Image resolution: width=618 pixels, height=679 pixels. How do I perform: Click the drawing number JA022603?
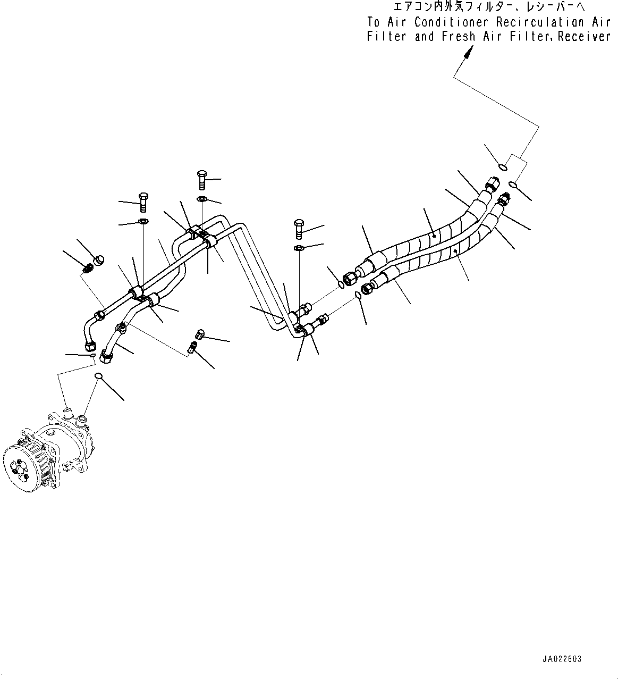tap(562, 659)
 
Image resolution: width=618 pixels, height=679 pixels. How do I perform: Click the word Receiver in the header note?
tap(585, 37)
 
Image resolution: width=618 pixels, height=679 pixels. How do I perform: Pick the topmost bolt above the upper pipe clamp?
tap(202, 180)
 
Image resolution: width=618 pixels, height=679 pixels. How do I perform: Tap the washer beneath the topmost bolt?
tap(202, 199)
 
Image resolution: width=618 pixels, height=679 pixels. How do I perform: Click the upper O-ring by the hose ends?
tap(502, 168)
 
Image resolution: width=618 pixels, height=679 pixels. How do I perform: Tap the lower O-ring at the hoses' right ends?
tap(513, 185)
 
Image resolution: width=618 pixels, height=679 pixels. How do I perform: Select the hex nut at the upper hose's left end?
tap(350, 277)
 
